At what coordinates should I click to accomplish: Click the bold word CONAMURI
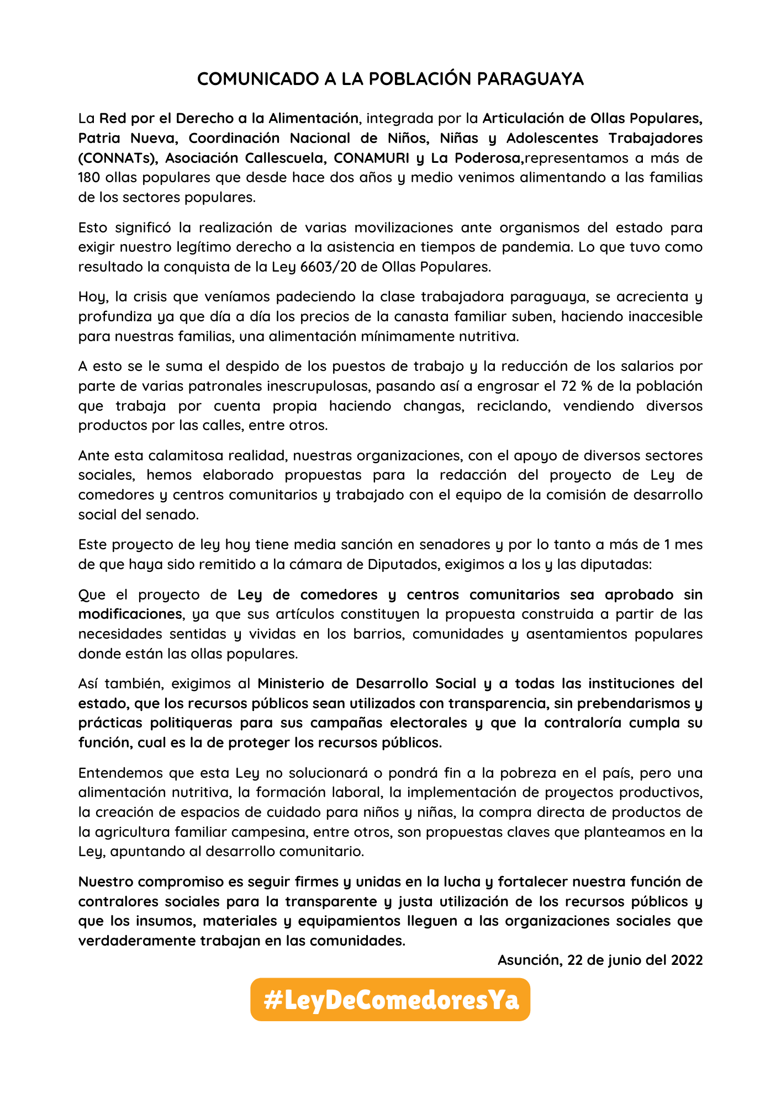pos(371,158)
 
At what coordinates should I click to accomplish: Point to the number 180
pos(89,178)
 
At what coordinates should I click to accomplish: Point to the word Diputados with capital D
pos(408,565)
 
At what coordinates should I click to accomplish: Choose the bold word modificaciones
pos(130,614)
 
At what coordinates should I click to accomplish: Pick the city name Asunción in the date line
pos(528,960)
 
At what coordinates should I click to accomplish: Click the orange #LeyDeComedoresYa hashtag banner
pos(390,1000)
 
